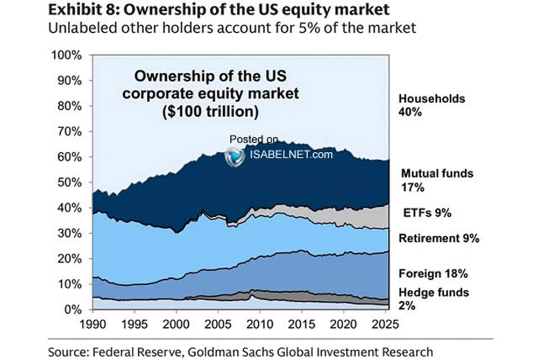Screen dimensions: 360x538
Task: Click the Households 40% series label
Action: [x=431, y=106]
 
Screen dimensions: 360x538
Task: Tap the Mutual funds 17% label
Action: [x=437, y=181]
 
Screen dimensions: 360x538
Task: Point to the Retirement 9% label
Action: [x=438, y=238]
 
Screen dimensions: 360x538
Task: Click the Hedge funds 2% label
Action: [x=434, y=299]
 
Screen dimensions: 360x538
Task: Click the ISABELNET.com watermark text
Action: [x=291, y=154]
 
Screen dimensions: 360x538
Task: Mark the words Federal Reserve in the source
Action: [x=124, y=351]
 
